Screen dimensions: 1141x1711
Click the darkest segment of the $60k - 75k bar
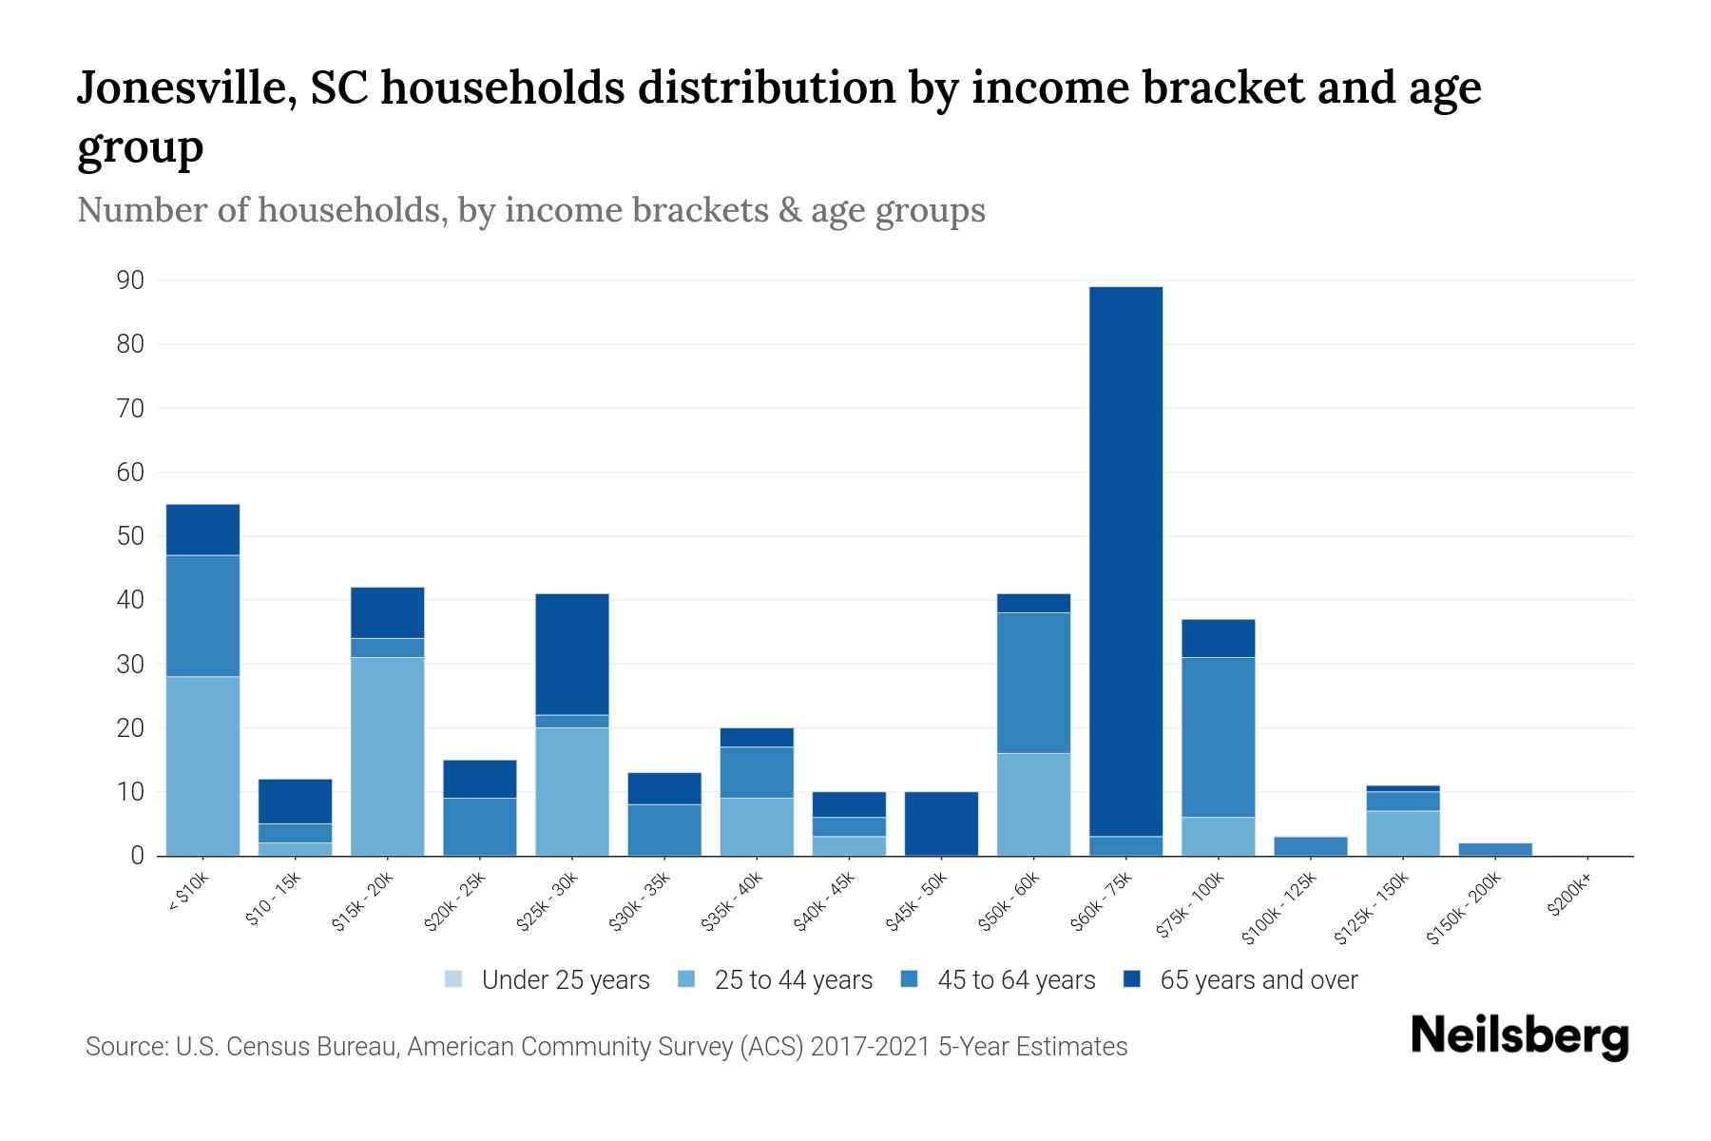tap(1125, 561)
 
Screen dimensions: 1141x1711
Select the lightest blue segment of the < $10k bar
tap(202, 765)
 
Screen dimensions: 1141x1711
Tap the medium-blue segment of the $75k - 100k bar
tap(1218, 737)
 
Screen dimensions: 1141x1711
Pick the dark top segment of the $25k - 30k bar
tap(572, 654)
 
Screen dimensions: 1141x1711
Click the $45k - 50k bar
tap(941, 823)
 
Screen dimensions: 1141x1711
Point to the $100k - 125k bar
tap(1310, 846)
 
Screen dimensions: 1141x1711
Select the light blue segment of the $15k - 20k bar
tap(387, 756)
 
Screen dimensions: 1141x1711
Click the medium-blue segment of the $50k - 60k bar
tap(1033, 683)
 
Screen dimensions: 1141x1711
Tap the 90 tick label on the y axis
tap(130, 280)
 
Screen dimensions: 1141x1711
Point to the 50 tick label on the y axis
tap(130, 536)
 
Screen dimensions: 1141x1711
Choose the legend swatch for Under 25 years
tap(454, 979)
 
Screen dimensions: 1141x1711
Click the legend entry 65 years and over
tap(1258, 980)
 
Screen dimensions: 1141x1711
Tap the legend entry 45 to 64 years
tap(1015, 980)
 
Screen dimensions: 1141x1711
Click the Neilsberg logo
tap(1519, 1036)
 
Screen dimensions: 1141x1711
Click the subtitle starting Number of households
tap(530, 210)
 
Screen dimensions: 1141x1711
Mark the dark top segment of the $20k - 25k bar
tap(480, 779)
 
